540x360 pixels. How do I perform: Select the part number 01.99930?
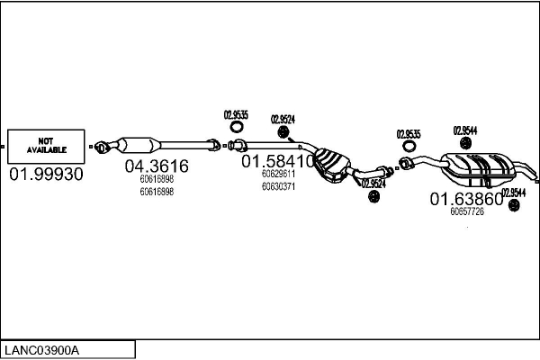point(46,175)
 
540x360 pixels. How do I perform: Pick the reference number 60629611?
point(278,174)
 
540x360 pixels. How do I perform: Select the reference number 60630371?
point(278,186)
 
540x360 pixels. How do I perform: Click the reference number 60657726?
point(467,211)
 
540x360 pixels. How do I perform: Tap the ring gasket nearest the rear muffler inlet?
point(409,148)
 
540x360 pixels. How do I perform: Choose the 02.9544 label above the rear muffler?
point(464,130)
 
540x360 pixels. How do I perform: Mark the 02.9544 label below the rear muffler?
point(514,192)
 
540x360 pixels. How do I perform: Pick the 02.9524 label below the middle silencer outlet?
point(373,183)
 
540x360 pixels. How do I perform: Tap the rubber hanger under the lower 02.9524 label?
point(373,197)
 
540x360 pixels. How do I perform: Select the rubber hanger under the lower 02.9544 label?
point(514,206)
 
